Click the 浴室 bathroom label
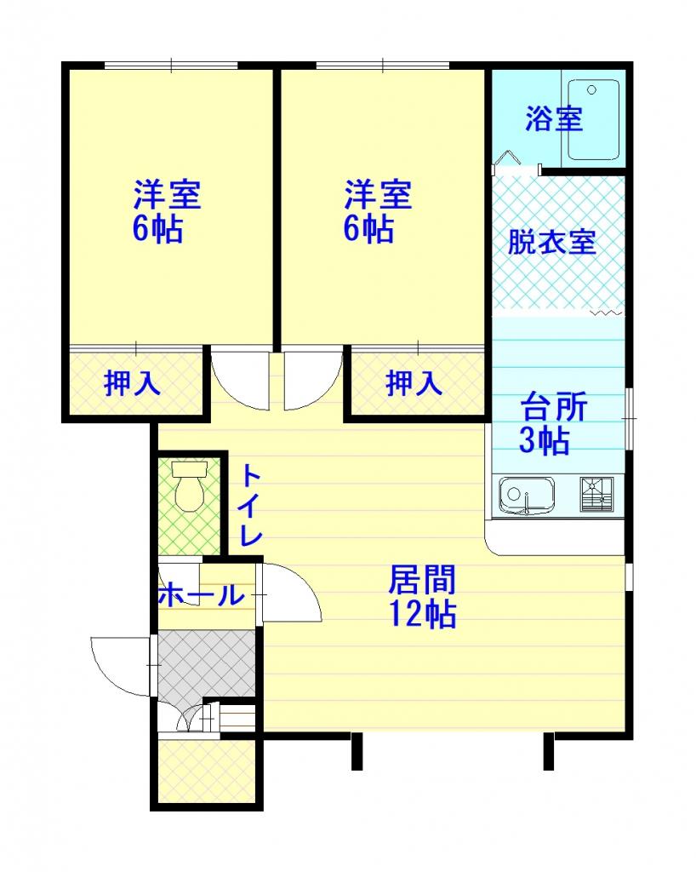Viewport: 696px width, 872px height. pyautogui.click(x=554, y=118)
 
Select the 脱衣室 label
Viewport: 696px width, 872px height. pyautogui.click(x=552, y=242)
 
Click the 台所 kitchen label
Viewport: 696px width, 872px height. pyautogui.click(x=554, y=407)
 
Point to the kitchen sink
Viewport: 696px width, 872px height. pyautogui.click(x=526, y=495)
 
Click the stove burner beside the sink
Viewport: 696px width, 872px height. pyautogui.click(x=596, y=494)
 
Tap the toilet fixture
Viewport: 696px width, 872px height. pyautogui.click(x=190, y=486)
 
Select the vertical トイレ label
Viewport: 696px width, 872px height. pyautogui.click(x=250, y=506)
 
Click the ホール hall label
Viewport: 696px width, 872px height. pyautogui.click(x=201, y=595)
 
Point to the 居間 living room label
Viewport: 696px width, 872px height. pyautogui.click(x=422, y=579)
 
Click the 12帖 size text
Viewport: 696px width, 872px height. pyautogui.click(x=422, y=613)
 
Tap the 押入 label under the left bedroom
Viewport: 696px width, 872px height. pyautogui.click(x=132, y=382)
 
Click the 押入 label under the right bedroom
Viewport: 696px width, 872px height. pyautogui.click(x=414, y=382)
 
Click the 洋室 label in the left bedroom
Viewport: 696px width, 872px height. pyautogui.click(x=167, y=194)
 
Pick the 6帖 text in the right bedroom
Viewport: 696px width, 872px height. pyautogui.click(x=368, y=228)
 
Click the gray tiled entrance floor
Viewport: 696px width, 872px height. pyautogui.click(x=207, y=663)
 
